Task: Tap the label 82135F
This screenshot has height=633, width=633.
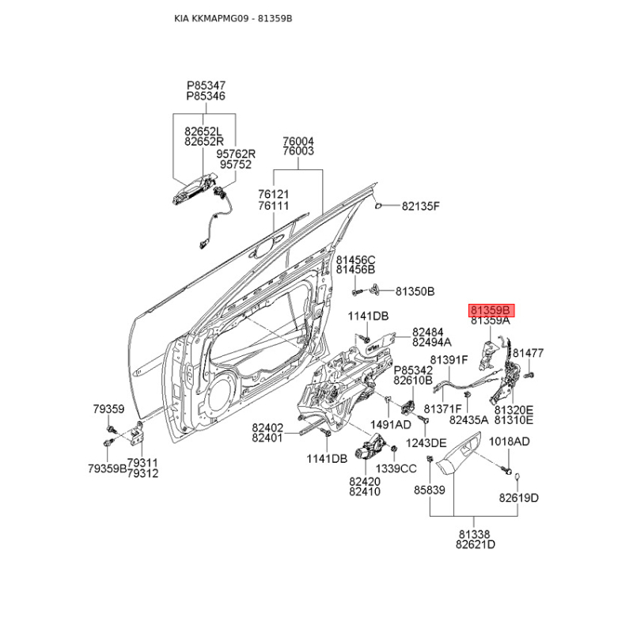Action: point(419,207)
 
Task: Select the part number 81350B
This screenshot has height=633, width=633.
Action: point(415,291)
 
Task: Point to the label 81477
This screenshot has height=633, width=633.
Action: point(527,353)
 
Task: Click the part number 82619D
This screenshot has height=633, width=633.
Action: point(518,498)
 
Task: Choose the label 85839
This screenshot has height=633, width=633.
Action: point(430,491)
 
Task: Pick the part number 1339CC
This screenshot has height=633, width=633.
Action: point(396,468)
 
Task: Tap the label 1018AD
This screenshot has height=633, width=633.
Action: point(509,442)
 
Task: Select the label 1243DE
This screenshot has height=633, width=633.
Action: point(426,442)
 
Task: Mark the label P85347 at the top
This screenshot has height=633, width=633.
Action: point(206,84)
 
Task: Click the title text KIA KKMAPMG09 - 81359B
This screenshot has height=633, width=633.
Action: point(233,17)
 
